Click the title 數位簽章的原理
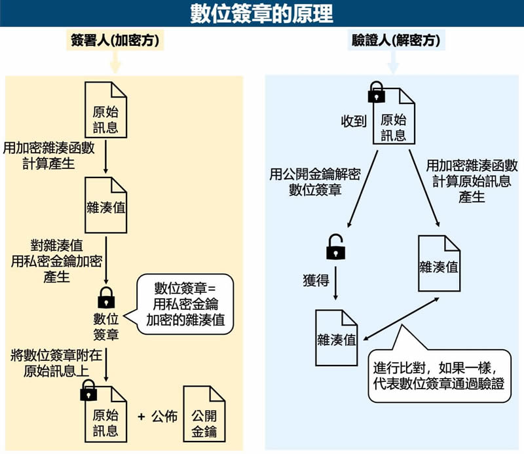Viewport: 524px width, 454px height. (261, 13)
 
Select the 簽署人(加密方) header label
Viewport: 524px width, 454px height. (115, 41)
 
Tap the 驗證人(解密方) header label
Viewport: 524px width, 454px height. (396, 41)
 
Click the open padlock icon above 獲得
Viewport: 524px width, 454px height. (335, 247)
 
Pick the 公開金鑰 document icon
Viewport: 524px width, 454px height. (204, 414)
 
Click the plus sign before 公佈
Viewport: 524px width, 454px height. (141, 417)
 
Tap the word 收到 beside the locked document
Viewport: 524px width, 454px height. (354, 121)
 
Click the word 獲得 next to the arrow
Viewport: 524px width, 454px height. (316, 280)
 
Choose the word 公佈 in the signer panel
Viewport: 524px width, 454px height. (164, 417)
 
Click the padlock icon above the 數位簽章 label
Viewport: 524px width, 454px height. (106, 297)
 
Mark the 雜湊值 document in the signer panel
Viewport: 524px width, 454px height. (105, 205)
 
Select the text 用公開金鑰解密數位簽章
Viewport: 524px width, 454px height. (315, 182)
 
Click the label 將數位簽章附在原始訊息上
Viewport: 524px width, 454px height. (56, 363)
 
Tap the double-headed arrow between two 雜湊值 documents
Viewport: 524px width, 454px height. (401, 319)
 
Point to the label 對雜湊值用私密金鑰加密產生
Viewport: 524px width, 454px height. (56, 261)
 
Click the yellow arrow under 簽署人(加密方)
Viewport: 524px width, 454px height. (115, 62)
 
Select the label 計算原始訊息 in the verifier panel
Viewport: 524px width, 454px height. (472, 181)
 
